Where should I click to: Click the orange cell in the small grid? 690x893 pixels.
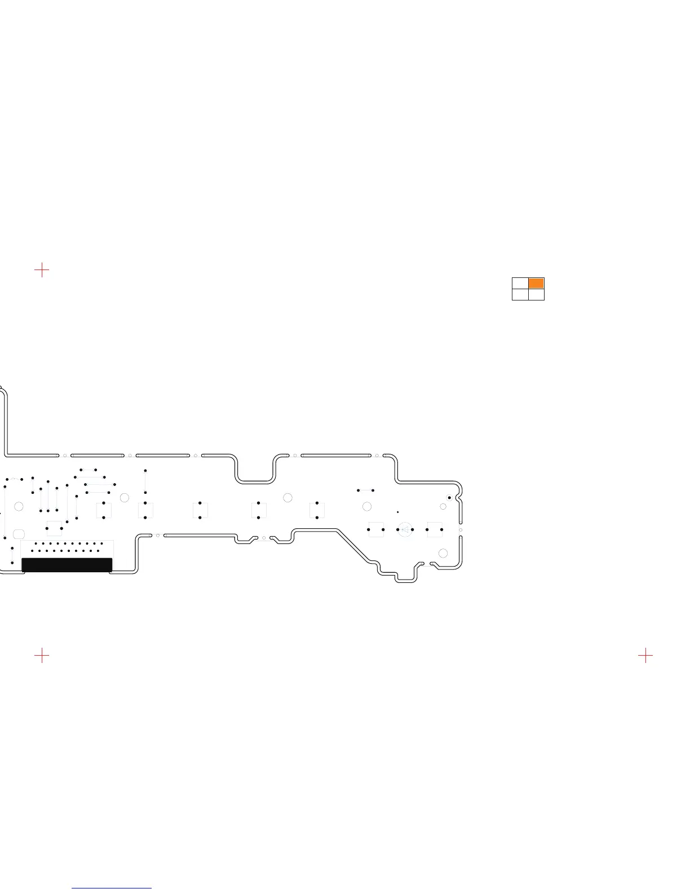tap(536, 283)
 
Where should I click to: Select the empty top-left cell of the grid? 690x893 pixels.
tap(520, 283)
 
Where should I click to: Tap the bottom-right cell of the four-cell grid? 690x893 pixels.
tap(536, 294)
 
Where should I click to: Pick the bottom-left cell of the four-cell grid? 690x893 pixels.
tap(520, 294)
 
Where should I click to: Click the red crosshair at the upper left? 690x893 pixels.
tap(42, 270)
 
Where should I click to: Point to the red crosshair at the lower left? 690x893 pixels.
tap(42, 655)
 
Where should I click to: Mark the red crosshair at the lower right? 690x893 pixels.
tap(645, 655)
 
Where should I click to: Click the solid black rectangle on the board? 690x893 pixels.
tap(67, 565)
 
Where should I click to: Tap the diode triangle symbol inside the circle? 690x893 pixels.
tap(405, 529)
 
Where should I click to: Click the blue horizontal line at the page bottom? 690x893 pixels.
tap(112, 888)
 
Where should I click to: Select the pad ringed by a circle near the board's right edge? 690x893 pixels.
tap(449, 497)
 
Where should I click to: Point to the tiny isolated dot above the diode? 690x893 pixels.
tap(397, 512)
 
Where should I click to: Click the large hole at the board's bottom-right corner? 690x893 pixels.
tap(443, 554)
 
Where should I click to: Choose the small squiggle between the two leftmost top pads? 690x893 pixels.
tap(14, 479)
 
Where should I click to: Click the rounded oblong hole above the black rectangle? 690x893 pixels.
tap(18, 533)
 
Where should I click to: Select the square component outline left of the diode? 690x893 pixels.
tap(375, 529)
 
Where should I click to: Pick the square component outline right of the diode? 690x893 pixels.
tap(434, 529)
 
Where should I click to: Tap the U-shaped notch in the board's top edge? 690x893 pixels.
tap(255, 471)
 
